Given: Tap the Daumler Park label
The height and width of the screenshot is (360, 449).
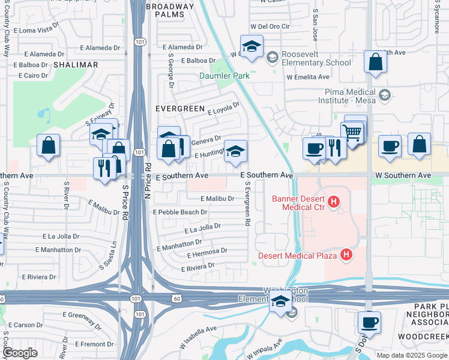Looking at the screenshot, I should pos(224,76).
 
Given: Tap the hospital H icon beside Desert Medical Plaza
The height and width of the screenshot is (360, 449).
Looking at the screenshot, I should pos(346,255).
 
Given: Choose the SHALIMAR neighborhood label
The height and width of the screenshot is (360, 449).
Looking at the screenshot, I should pos(76,64).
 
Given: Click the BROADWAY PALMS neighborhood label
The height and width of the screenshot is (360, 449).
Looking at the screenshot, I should pos(170,11).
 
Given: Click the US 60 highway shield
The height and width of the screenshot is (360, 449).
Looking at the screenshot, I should pos(176,298).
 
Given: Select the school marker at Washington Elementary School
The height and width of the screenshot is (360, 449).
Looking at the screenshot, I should pos(279,303).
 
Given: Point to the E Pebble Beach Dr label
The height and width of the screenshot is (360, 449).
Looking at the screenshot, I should pos(180,212).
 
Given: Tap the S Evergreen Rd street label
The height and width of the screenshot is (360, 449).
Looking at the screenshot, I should pos(247,205).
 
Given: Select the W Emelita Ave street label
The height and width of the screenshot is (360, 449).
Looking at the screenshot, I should pos(308,77).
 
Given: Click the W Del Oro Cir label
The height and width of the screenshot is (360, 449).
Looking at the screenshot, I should pos(270,26).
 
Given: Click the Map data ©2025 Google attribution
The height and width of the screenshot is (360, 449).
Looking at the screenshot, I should pos(411,355).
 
